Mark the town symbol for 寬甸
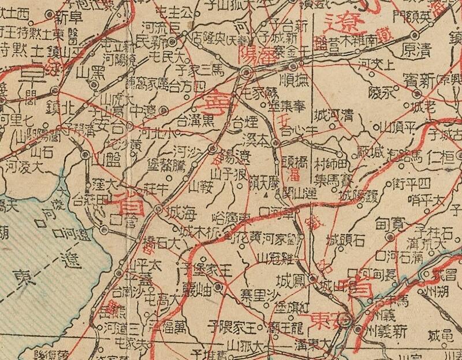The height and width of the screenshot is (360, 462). point(391,237)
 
